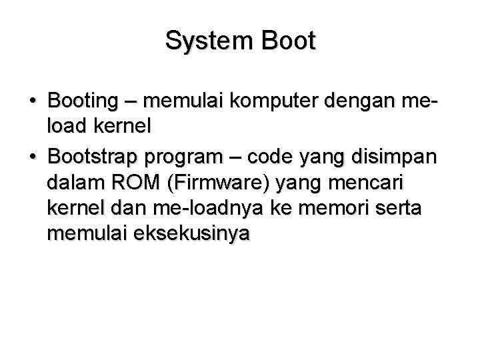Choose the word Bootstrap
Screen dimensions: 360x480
click(x=91, y=157)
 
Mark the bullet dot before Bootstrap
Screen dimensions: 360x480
click(x=33, y=157)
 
